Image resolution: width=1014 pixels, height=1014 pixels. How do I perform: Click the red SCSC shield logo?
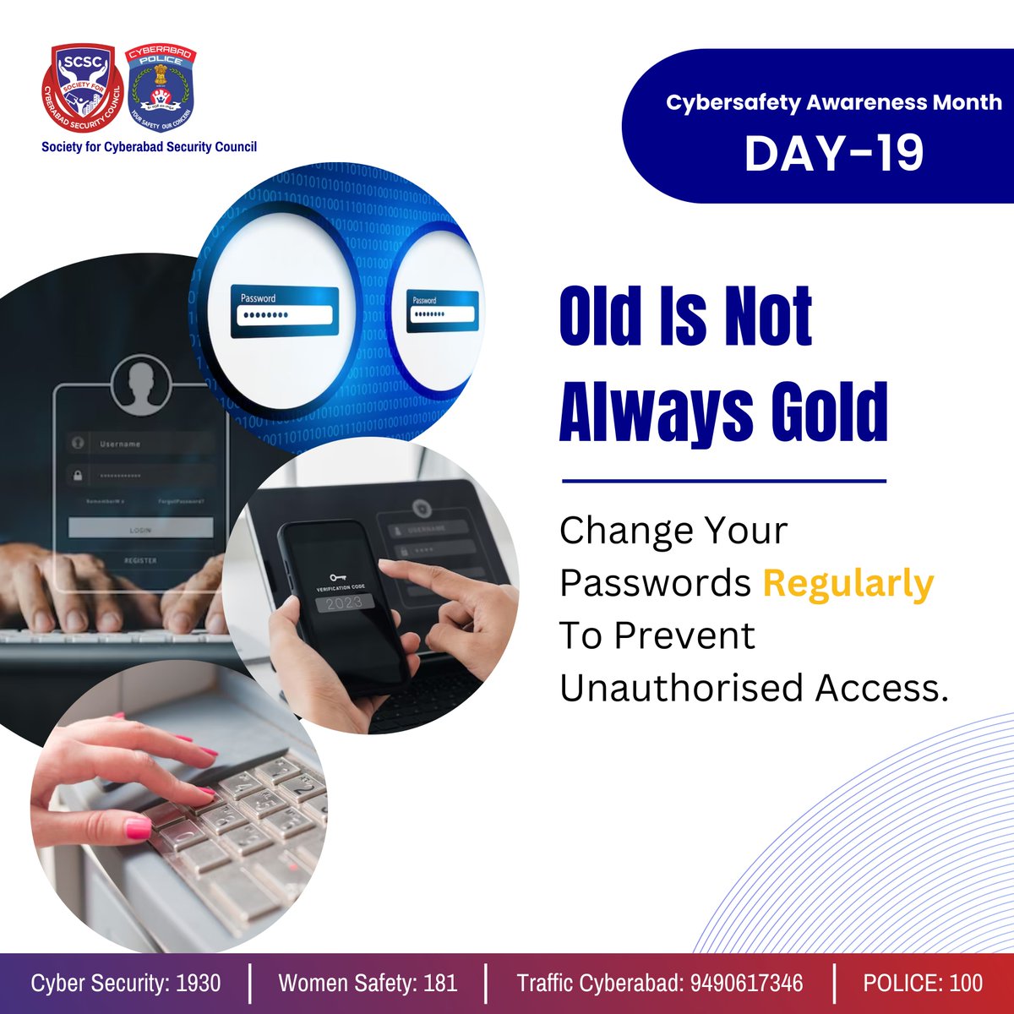coord(83,90)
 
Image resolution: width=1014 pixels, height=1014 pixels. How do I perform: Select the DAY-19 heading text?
coord(833,154)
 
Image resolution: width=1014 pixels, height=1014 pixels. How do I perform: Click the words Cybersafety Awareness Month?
coord(833,103)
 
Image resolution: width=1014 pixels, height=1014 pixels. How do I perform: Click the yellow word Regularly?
coord(848,584)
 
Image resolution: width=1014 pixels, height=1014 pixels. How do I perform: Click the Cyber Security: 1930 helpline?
coord(126,983)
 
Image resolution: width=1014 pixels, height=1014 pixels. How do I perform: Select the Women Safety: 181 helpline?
coord(368,983)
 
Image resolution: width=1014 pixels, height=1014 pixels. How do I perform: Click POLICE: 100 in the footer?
coord(923,983)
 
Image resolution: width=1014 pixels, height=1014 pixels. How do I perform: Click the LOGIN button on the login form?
coord(140,529)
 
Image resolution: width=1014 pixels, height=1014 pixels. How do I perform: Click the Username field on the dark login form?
coord(140,444)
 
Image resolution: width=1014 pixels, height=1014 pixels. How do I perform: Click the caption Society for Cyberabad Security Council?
coord(150,147)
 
